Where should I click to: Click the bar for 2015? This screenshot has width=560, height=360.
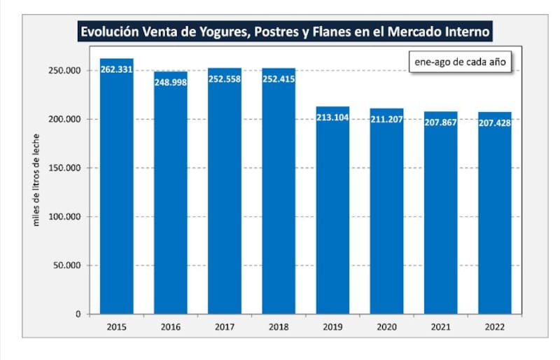[117, 189]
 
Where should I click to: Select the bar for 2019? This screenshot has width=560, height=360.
[332, 210]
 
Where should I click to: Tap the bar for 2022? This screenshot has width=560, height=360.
[494, 214]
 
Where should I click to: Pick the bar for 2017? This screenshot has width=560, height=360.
[225, 193]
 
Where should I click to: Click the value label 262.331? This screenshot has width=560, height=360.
[117, 69]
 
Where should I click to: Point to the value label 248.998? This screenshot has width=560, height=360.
[171, 82]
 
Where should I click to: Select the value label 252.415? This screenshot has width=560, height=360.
[279, 79]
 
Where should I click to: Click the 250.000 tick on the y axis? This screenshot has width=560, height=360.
[64, 71]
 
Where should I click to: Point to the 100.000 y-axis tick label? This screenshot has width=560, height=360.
[64, 216]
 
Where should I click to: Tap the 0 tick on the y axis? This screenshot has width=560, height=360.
[78, 314]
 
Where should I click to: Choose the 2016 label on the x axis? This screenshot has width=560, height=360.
[171, 326]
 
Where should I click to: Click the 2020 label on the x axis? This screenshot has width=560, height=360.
[386, 326]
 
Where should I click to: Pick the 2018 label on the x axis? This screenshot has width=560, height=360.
[279, 326]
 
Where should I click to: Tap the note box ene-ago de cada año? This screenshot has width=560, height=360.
[459, 62]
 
